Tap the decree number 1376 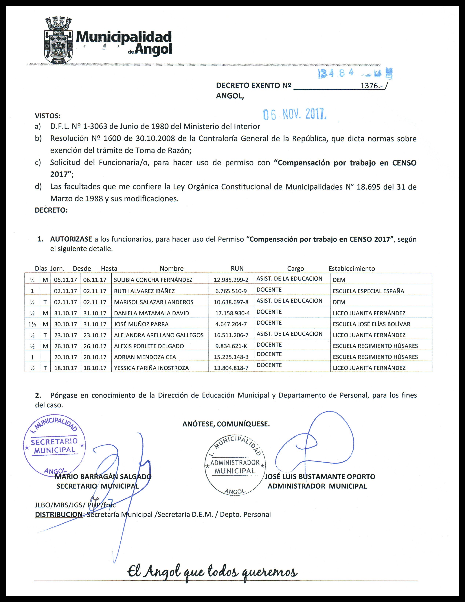click(x=370, y=86)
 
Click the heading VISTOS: click(x=48, y=116)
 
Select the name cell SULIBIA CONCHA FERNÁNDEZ click(x=153, y=280)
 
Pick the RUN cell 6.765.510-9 click(x=231, y=291)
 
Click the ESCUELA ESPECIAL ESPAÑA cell click(x=368, y=291)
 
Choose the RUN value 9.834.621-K click(x=231, y=346)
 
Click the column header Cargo click(x=295, y=268)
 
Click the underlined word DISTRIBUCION click(x=59, y=514)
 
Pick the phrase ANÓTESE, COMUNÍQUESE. click(x=226, y=424)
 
